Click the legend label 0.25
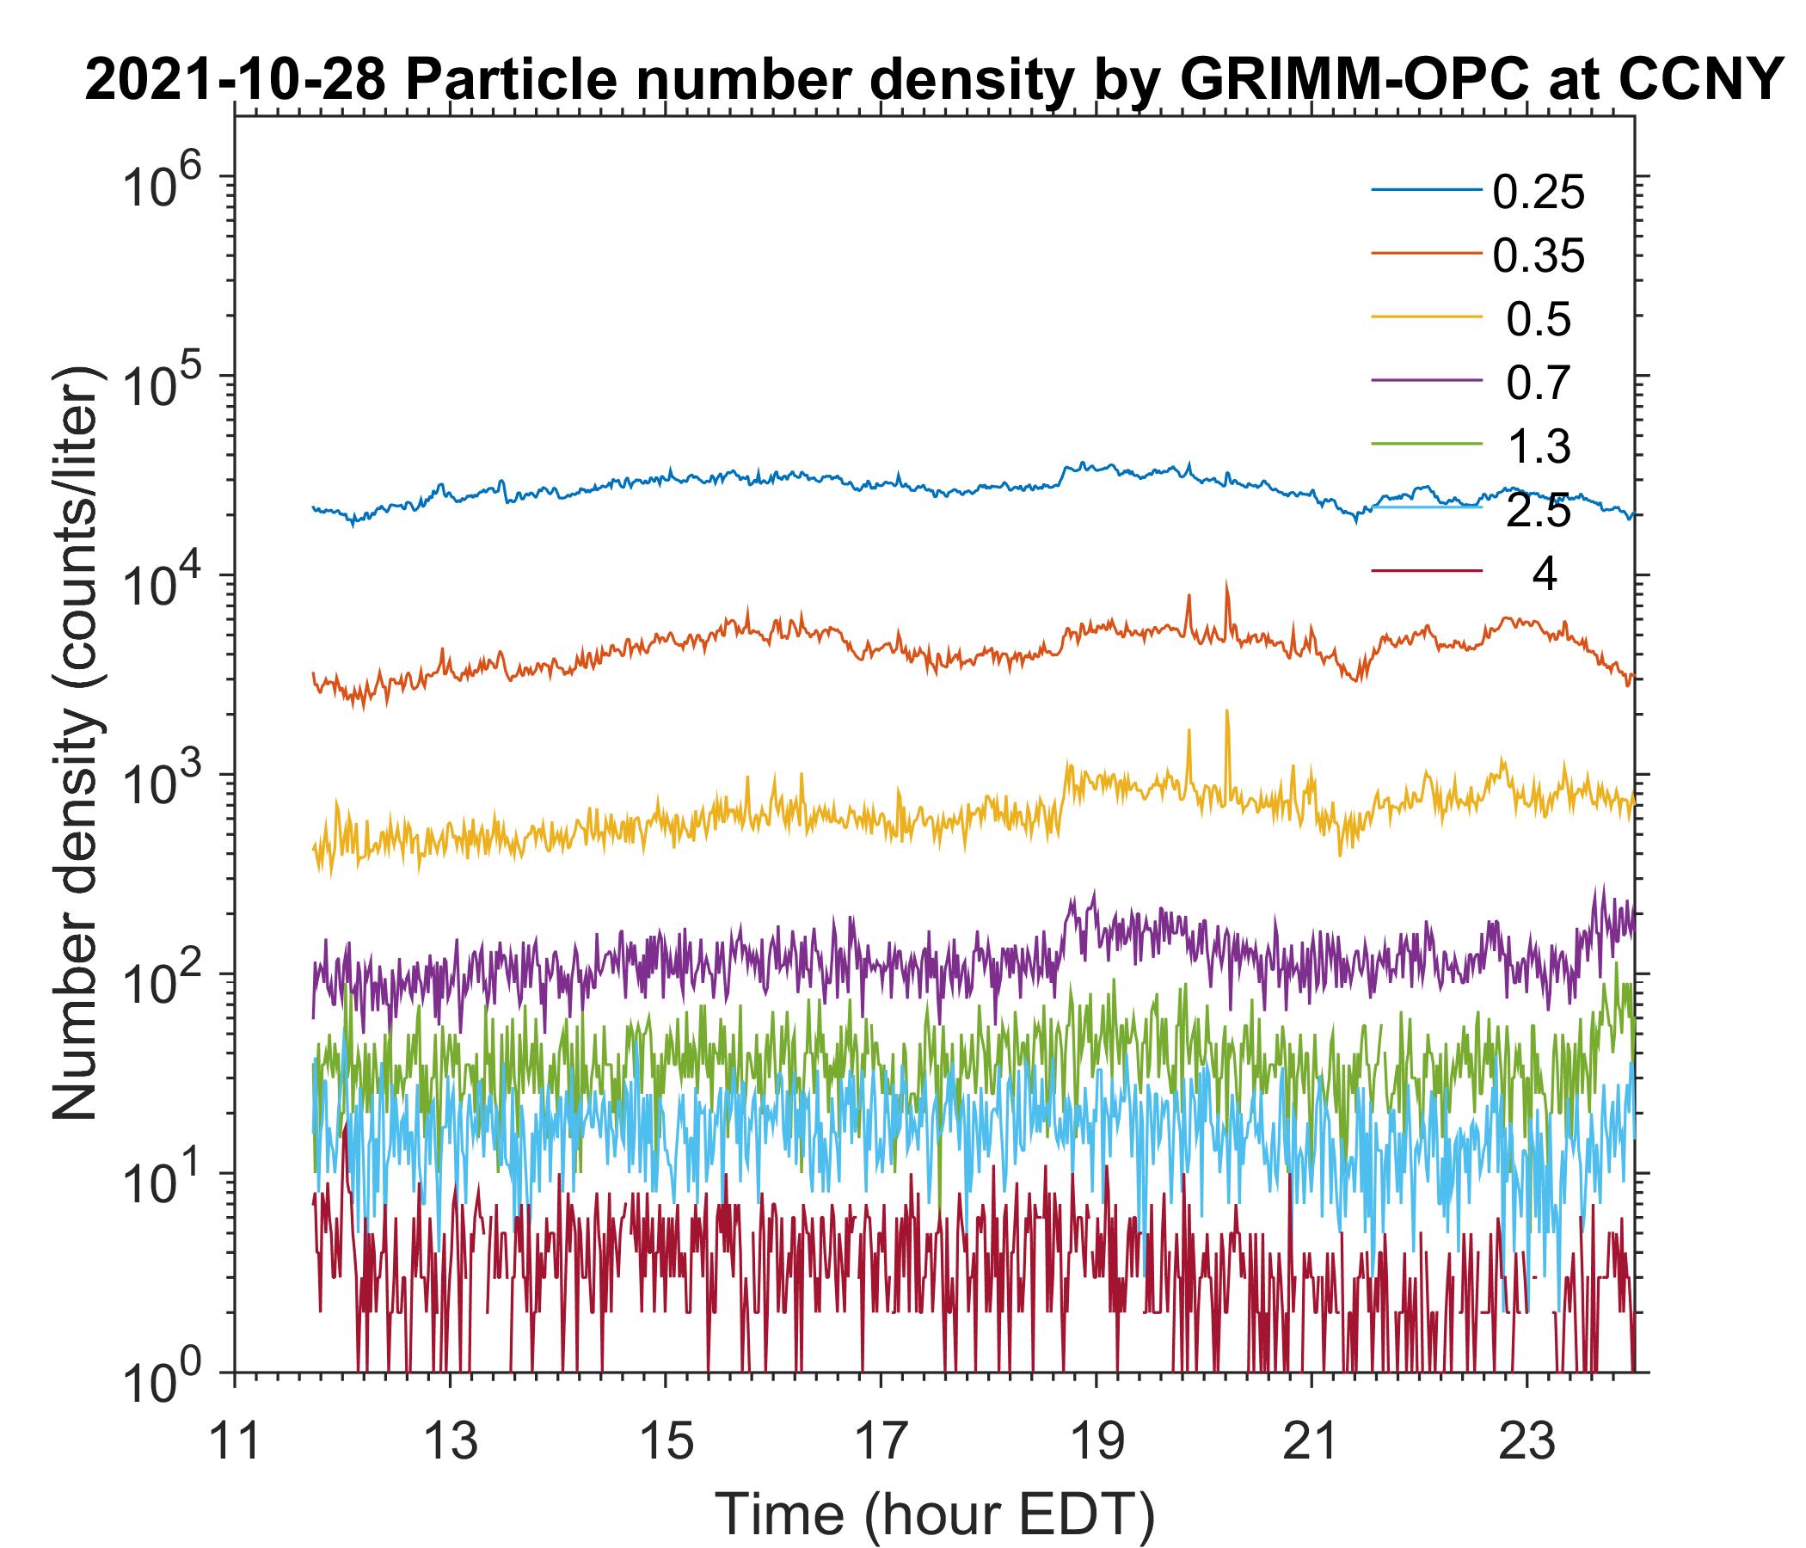tap(1538, 193)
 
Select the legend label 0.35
tap(1538, 256)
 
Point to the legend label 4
tap(1544, 574)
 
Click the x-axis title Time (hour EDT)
tap(936, 1514)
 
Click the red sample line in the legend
tap(1427, 572)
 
